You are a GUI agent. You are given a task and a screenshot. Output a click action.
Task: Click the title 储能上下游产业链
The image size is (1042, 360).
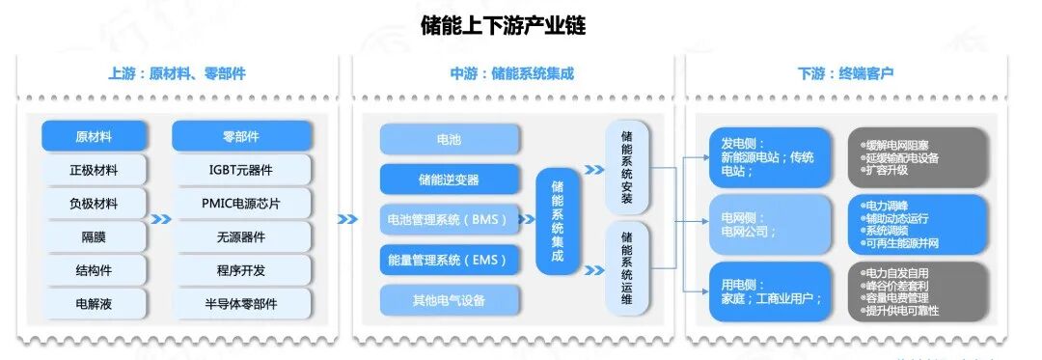[x=503, y=25]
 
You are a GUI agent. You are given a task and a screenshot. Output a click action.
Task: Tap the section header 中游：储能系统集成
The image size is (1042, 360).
[x=511, y=74]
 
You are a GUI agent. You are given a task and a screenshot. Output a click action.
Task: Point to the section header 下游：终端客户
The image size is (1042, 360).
[x=845, y=74]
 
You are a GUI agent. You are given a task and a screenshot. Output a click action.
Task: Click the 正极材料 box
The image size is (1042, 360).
[x=94, y=171]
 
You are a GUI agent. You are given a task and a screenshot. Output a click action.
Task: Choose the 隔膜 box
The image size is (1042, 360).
[x=94, y=236]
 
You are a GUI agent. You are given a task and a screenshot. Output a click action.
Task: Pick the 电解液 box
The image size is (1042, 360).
[x=94, y=303]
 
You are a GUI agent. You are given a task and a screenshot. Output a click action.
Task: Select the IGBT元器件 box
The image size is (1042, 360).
[x=241, y=171]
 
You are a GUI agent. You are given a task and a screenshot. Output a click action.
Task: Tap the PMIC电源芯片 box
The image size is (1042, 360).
[x=241, y=204]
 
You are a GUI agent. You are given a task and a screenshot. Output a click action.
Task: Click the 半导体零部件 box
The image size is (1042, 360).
[x=241, y=303]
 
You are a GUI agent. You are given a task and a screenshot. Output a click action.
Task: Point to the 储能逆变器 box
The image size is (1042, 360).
[x=449, y=180]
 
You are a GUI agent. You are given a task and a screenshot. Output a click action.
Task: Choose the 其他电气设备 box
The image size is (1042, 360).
[x=449, y=300]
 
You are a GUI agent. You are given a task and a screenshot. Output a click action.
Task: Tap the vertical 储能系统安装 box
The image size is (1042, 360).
[x=627, y=166]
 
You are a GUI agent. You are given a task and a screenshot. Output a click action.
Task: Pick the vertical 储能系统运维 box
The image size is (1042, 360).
[x=627, y=267]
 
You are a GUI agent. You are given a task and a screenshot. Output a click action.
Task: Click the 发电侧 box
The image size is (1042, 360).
[x=769, y=157]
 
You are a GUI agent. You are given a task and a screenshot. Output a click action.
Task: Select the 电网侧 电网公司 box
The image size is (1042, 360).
[x=769, y=225]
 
